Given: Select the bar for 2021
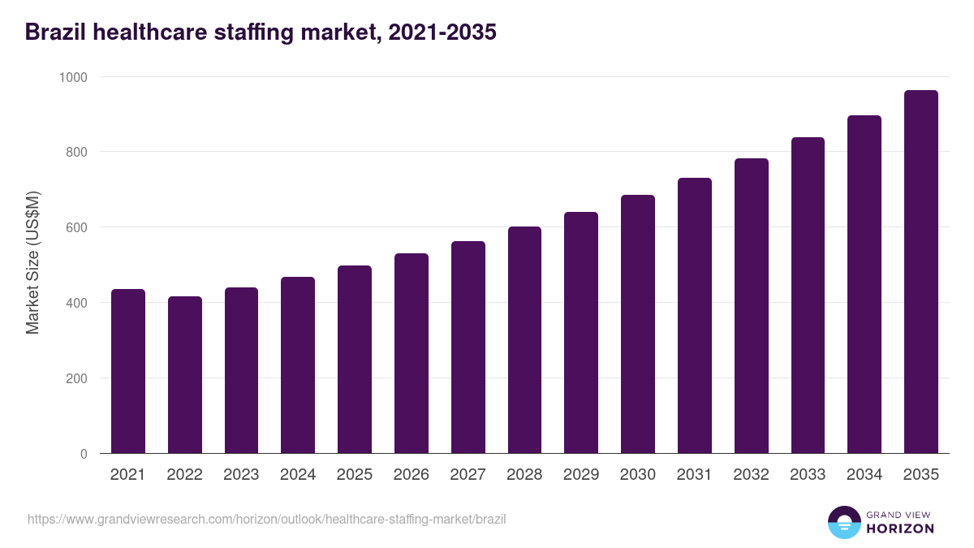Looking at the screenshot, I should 128,372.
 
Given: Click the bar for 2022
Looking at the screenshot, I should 185,375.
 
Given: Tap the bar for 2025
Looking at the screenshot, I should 355,360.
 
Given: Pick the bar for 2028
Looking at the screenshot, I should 524,340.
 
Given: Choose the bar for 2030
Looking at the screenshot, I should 638,325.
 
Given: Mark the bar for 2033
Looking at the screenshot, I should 808,296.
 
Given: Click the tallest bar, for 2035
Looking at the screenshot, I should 920,272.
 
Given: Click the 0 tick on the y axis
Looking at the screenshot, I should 84,454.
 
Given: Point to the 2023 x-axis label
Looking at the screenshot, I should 241,475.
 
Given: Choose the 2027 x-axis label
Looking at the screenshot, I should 468,475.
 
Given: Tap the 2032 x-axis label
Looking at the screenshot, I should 751,475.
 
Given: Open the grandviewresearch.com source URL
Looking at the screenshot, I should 266,519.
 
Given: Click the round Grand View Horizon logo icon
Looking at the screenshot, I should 844,522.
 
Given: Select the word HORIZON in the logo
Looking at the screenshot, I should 900,529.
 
